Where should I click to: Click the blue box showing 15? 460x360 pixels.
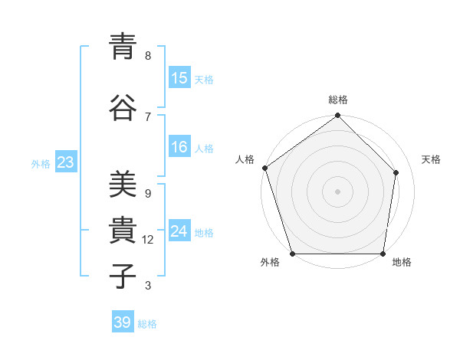click(x=179, y=78)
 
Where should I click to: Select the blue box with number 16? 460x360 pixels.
click(x=179, y=147)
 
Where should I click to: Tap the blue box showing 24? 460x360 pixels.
click(x=179, y=231)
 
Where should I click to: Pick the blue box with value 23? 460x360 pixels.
click(x=65, y=162)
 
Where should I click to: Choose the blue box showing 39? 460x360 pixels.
click(x=123, y=322)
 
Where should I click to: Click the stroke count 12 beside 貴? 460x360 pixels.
click(x=148, y=240)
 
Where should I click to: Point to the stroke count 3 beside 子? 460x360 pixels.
click(x=147, y=286)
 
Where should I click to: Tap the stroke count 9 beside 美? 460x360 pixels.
click(x=147, y=194)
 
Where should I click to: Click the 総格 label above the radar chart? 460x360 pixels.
click(x=338, y=100)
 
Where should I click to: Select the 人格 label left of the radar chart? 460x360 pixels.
click(x=245, y=159)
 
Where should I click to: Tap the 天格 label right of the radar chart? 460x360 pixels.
click(x=431, y=159)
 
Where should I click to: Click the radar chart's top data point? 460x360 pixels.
click(x=337, y=116)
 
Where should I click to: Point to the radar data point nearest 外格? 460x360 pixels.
click(x=292, y=254)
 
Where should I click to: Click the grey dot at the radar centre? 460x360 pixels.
click(x=337, y=191)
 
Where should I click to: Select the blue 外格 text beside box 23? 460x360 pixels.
click(x=41, y=163)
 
